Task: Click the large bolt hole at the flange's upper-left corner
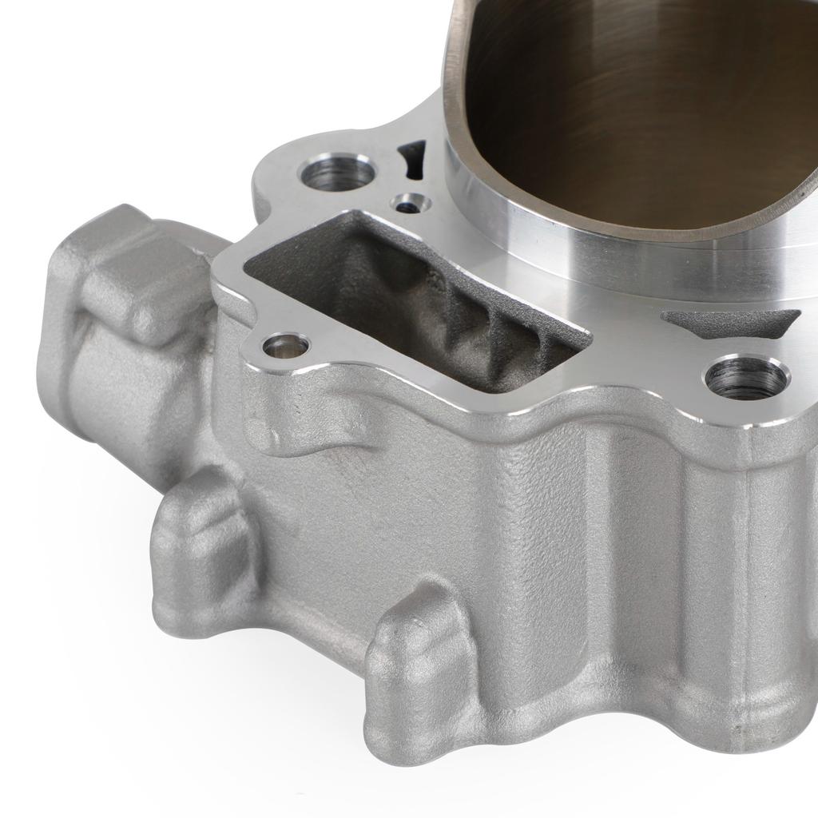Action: tap(336, 173)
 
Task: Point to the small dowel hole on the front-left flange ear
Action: tap(286, 346)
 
